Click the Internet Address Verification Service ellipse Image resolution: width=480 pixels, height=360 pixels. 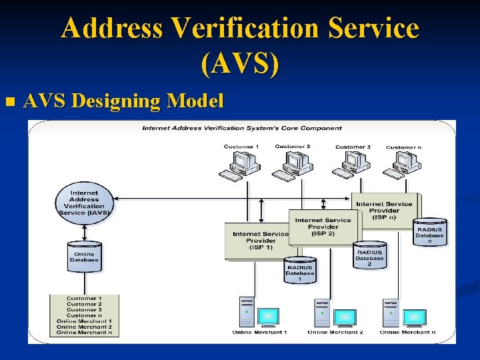pyautogui.click(x=84, y=202)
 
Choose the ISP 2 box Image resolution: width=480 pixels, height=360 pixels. pyautogui.click(x=322, y=227)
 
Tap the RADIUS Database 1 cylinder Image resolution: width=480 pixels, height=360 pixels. pyautogui.click(x=299, y=270)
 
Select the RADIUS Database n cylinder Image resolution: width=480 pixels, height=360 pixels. pyautogui.click(x=429, y=233)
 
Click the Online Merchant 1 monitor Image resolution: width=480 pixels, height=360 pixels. pyautogui.click(x=268, y=316)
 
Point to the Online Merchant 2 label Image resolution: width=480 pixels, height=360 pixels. pyautogui.click(x=335, y=332)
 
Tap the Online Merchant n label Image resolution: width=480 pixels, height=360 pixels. pyautogui.click(x=407, y=332)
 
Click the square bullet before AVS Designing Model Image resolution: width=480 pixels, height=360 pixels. pyautogui.click(x=9, y=102)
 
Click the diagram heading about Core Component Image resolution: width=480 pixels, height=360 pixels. pyautogui.click(x=242, y=128)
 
